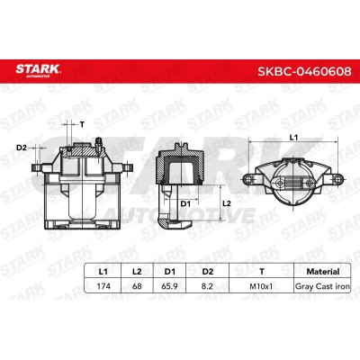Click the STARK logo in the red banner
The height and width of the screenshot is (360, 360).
pos(38,70)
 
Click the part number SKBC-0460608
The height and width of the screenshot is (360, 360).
pos(304,71)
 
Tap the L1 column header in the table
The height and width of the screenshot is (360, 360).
pos(103,272)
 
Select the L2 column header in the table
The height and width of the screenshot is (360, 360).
pos(137,272)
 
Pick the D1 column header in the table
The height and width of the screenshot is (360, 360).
pos(170,272)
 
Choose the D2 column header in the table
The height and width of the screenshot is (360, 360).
pos(208,272)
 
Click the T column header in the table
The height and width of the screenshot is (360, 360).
pos(262,272)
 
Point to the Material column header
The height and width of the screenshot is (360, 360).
pos(323,272)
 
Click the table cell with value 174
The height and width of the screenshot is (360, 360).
pos(103,286)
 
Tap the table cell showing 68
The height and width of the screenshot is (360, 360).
pos(137,286)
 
